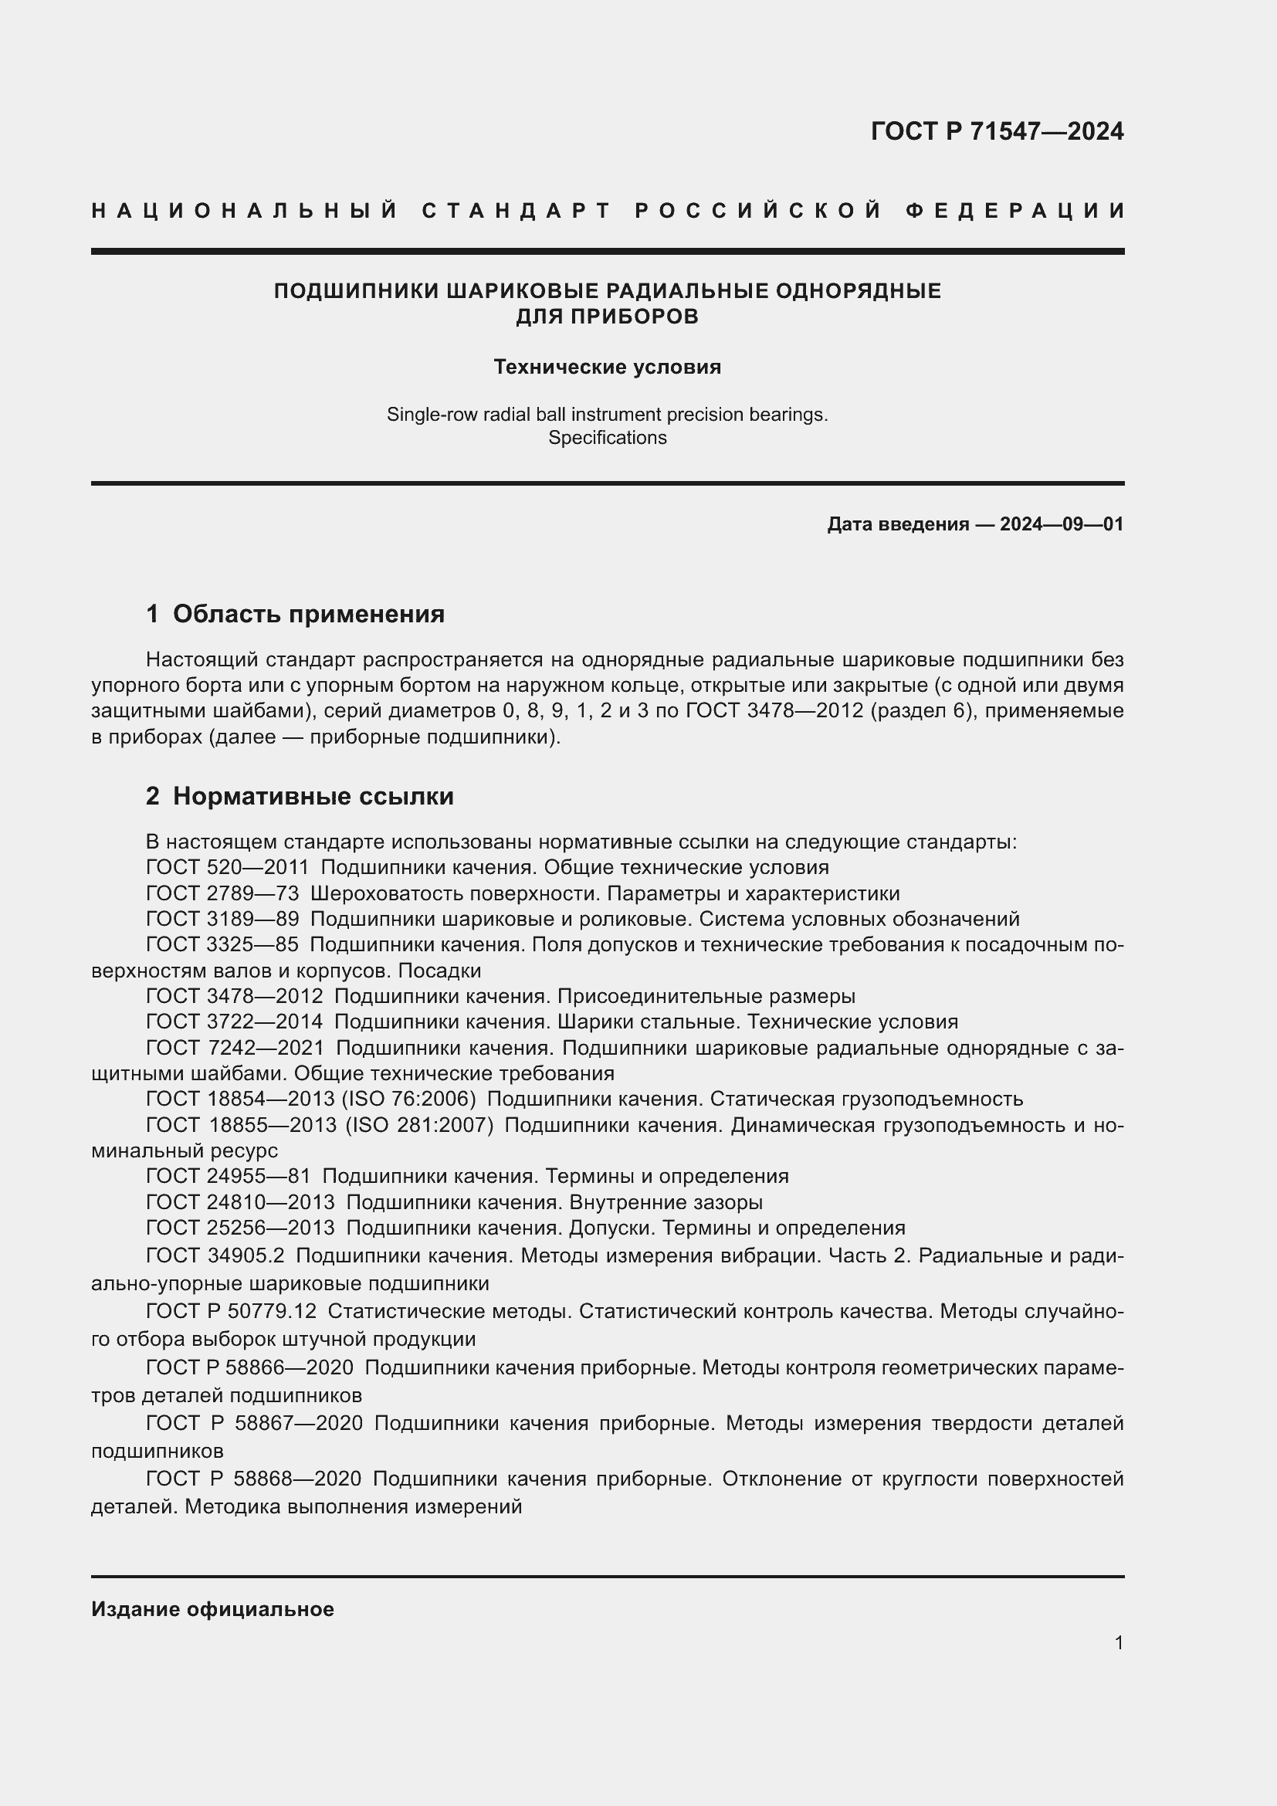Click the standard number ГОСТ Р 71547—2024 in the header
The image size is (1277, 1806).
pyautogui.click(x=996, y=131)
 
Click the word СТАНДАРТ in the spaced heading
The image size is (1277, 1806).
pyautogui.click(x=517, y=211)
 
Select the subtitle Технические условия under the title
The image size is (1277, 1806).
pyautogui.click(x=607, y=368)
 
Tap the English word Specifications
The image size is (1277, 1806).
pyautogui.click(x=607, y=438)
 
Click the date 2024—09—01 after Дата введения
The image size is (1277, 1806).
pyautogui.click(x=1061, y=524)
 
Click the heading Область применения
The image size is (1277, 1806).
pyautogui.click(x=308, y=615)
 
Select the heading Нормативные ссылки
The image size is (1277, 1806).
pyautogui.click(x=313, y=797)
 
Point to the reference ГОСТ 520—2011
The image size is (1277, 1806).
pyautogui.click(x=227, y=868)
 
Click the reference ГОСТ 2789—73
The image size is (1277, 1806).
pyautogui.click(x=222, y=893)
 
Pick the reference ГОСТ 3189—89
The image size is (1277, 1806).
pyautogui.click(x=222, y=919)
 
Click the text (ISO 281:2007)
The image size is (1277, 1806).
pyautogui.click(x=419, y=1125)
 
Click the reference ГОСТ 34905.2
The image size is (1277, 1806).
pyautogui.click(x=215, y=1256)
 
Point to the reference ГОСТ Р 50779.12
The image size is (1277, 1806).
pyautogui.click(x=231, y=1311)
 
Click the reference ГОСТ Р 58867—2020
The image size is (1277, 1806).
pyautogui.click(x=254, y=1423)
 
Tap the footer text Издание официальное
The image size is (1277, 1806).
pyautogui.click(x=212, y=1609)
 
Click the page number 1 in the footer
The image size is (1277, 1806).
pyautogui.click(x=1118, y=1642)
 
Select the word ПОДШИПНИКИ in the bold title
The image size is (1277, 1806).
pyautogui.click(x=356, y=291)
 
